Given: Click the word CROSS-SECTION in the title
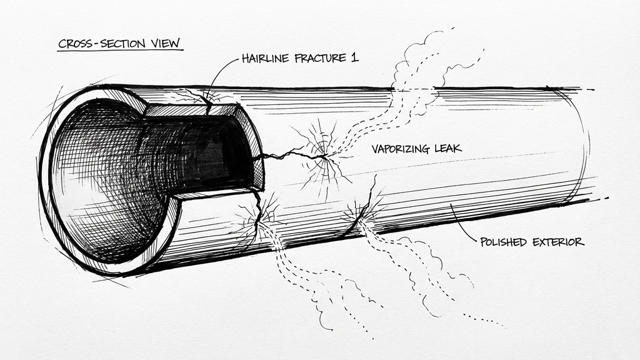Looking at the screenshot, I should [x=104, y=44].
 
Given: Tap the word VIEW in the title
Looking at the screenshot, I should [x=165, y=44].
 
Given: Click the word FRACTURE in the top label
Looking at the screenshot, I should [x=325, y=59].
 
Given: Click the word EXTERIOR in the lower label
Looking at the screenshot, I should [x=561, y=242].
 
